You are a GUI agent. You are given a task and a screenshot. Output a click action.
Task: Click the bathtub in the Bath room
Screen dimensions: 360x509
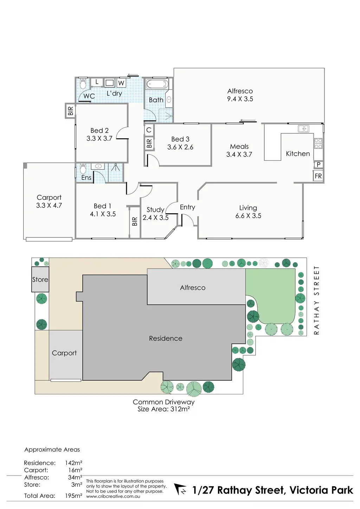pyautogui.click(x=157, y=84)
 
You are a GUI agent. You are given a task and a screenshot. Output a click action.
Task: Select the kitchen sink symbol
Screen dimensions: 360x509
pyautogui.click(x=303, y=128)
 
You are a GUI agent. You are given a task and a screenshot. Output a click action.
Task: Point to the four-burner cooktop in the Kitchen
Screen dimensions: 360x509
pyautogui.click(x=318, y=144)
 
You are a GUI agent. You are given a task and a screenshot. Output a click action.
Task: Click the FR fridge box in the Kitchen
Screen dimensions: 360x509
pyautogui.click(x=318, y=176)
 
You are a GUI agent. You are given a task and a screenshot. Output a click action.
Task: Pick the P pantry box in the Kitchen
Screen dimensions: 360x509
pyautogui.click(x=319, y=165)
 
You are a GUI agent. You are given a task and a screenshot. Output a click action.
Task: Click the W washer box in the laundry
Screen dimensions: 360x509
pyautogui.click(x=121, y=83)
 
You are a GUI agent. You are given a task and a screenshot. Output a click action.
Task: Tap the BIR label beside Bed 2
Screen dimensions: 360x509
pyautogui.click(x=71, y=111)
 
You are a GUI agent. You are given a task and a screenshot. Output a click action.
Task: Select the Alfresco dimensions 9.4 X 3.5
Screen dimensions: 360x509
pyautogui.click(x=240, y=99)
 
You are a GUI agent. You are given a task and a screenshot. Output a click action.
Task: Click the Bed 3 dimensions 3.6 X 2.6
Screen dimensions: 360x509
pyautogui.click(x=180, y=147)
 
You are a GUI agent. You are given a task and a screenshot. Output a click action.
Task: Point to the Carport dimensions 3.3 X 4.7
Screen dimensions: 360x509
pyautogui.click(x=49, y=205)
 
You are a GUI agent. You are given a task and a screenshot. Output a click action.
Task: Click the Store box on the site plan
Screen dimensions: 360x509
pyautogui.click(x=40, y=280)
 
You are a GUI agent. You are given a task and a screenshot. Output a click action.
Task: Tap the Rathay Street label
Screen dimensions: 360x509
pyautogui.click(x=316, y=300)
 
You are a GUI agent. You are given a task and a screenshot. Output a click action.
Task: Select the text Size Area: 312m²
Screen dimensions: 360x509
pyautogui.click(x=163, y=409)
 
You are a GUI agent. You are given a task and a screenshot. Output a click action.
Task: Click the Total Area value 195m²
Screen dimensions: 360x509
pyautogui.click(x=73, y=496)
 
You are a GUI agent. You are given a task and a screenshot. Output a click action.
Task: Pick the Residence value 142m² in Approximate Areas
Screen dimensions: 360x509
pyautogui.click(x=73, y=463)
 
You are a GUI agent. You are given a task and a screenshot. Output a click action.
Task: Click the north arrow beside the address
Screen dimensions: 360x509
pyautogui.click(x=181, y=489)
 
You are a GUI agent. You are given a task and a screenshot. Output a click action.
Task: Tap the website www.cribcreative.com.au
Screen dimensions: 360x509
pyautogui.click(x=113, y=497)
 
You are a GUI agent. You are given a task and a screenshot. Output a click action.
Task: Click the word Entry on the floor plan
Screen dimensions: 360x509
pyautogui.click(x=187, y=207)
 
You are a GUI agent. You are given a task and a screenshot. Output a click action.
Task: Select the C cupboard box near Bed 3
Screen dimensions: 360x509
pyautogui.click(x=149, y=130)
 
